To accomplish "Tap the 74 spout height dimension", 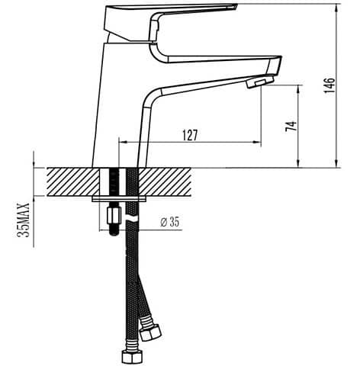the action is tap(291, 126).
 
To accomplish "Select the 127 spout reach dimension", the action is tap(190, 135).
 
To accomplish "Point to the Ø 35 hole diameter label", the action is tap(170, 222).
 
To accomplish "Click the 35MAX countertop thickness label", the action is tap(24, 220).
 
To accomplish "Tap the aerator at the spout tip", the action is tap(260, 82).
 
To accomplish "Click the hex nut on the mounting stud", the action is tap(114, 214).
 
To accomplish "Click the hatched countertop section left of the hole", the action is tap(72, 181).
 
